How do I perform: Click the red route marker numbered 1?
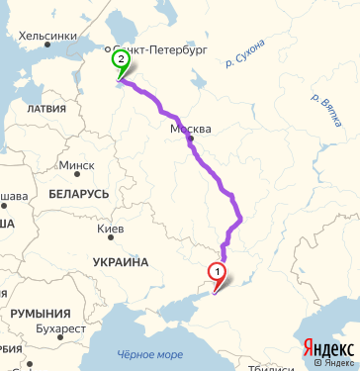216,271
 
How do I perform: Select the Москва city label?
191,130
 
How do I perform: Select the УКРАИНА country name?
120,262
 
